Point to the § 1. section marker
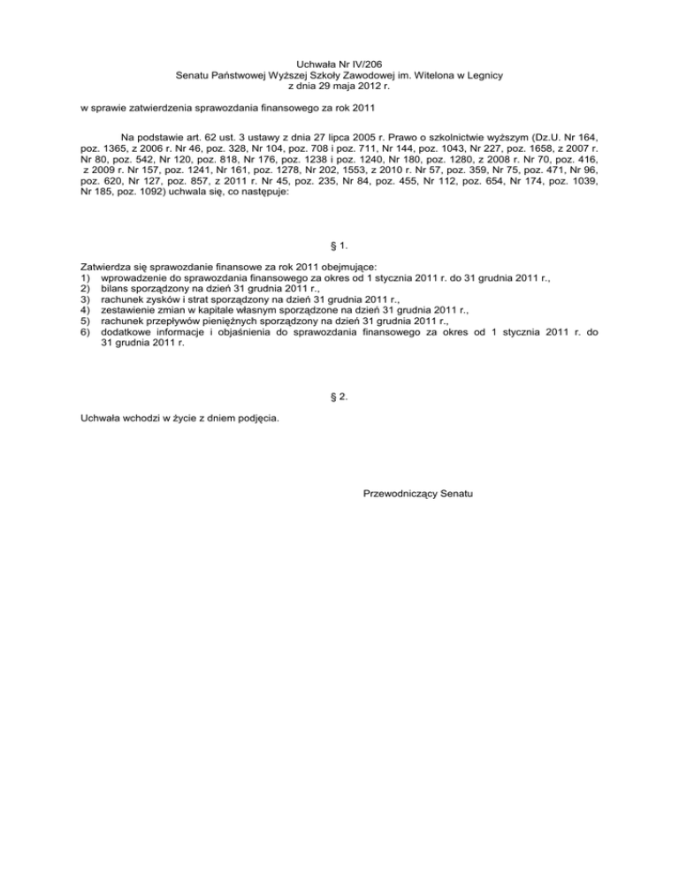pos(339,245)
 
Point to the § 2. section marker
pos(339,397)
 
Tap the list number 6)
pos(87,333)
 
